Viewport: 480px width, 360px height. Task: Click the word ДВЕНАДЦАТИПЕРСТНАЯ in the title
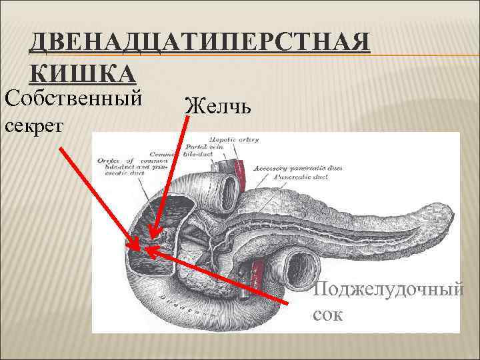(x=199, y=44)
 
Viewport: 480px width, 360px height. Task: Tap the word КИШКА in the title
(x=83, y=72)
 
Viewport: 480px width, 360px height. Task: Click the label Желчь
(x=218, y=105)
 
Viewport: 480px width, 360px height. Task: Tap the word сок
(x=328, y=313)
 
